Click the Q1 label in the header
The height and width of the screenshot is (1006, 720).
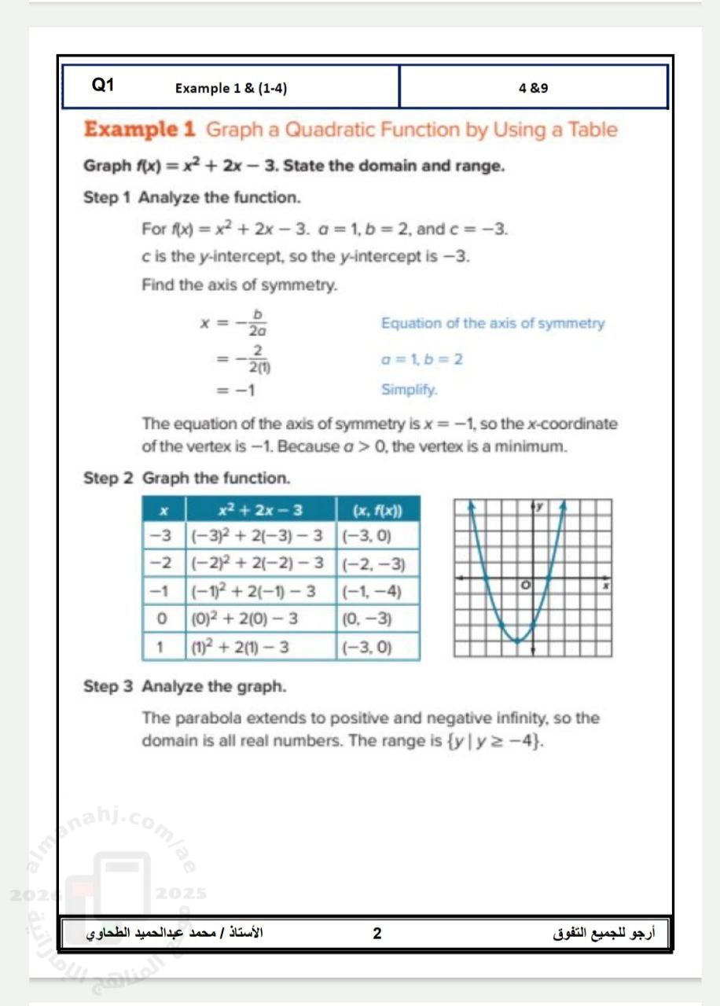coord(103,86)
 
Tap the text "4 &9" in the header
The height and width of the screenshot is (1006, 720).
coord(534,88)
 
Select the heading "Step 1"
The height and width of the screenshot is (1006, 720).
coord(107,196)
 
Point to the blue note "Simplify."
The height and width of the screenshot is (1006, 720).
coord(410,389)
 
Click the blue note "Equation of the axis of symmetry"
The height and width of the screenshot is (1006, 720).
coord(493,323)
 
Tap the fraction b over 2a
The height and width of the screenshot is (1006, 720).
coord(255,323)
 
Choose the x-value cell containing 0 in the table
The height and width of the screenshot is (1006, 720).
coord(163,619)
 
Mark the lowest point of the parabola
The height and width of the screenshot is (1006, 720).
coord(518,642)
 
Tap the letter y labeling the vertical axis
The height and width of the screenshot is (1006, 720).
coord(540,508)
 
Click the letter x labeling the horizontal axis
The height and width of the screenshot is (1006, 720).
coord(605,586)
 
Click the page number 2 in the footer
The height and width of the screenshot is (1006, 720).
coord(377,934)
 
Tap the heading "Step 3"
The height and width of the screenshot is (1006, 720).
coord(108,687)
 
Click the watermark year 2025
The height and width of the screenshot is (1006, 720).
coord(182,894)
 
